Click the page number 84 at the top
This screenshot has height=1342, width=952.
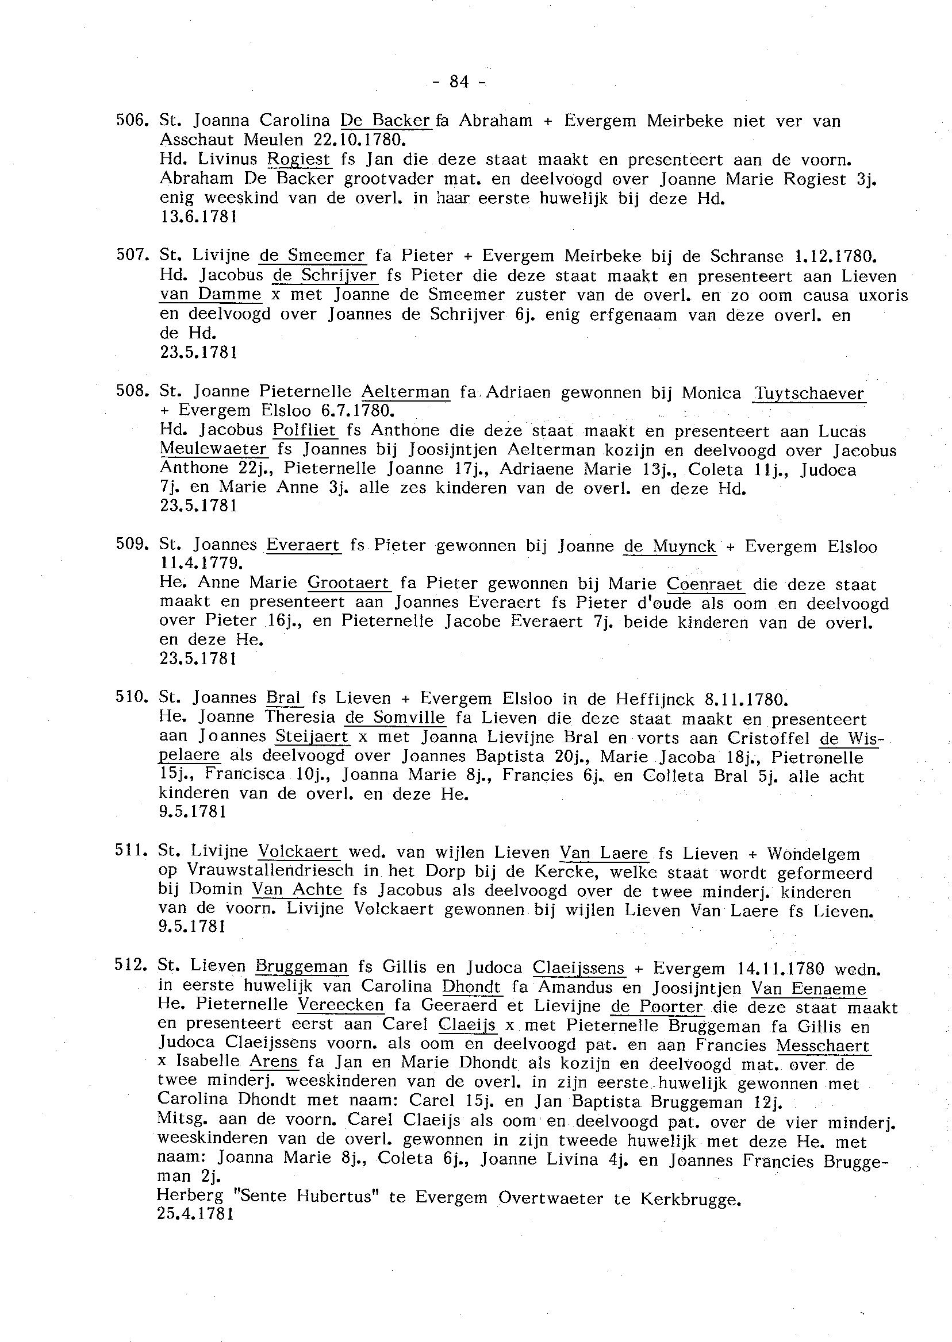pos(459,82)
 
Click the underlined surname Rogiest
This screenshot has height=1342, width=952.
pos(299,159)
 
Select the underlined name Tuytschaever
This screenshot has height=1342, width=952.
pos(809,393)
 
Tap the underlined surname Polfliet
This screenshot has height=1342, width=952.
pos(305,431)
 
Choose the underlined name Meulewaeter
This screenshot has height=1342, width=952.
pos(213,450)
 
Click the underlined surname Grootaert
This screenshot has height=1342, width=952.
pos(348,584)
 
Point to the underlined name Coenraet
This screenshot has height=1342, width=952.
pos(706,584)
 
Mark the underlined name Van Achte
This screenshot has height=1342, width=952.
pos(297,890)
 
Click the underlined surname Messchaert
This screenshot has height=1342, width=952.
pos(823,1046)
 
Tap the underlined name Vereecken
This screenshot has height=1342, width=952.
pos(340,1006)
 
